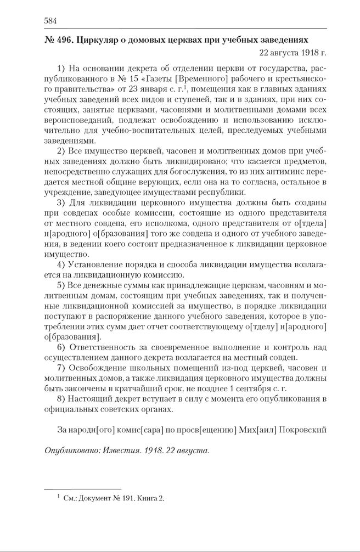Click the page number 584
coord(50,21)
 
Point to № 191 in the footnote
coord(118,498)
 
